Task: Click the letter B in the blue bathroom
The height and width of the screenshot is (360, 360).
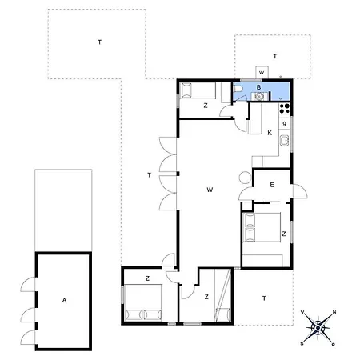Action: [x=258, y=87]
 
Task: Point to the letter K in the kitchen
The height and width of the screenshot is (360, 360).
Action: [x=270, y=132]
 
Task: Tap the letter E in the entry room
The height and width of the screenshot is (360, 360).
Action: [x=272, y=185]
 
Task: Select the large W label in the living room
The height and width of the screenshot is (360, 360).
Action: [x=209, y=190]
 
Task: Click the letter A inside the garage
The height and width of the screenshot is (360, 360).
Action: [x=63, y=300]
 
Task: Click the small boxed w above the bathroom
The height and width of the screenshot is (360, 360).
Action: [x=261, y=72]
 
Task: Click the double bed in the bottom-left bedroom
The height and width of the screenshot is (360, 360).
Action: [x=144, y=311]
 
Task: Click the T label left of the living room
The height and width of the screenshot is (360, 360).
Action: [x=149, y=174]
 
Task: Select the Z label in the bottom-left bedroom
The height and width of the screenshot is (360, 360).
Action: [x=147, y=278]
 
